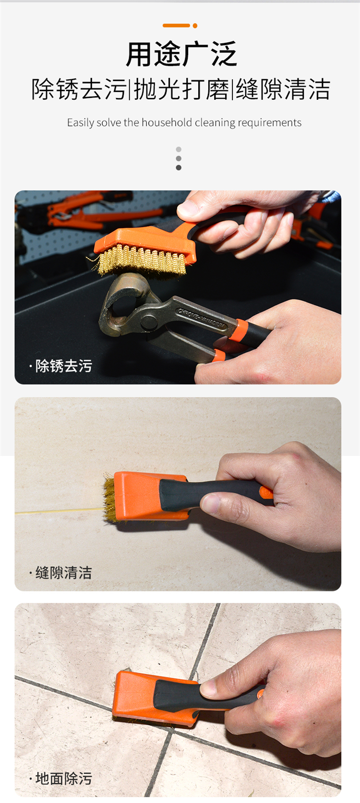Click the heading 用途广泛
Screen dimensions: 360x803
181,54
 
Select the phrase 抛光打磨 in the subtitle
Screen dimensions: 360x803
181,90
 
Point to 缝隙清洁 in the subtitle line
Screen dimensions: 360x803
283,90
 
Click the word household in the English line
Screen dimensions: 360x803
167,122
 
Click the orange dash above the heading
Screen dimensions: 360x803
176,25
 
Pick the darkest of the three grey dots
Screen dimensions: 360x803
179,168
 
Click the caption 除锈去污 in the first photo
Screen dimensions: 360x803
63,366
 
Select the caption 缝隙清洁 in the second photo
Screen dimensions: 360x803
63,573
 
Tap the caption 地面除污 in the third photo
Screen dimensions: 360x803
63,779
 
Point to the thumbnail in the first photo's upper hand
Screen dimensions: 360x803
188,208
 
